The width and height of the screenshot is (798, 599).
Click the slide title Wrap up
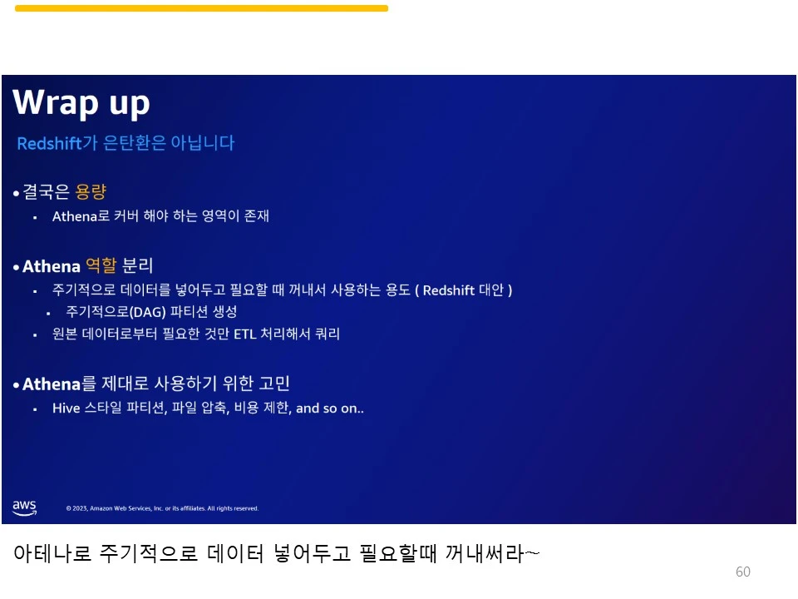pyautogui.click(x=81, y=103)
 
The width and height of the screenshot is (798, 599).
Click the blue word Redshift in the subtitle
pyautogui.click(x=49, y=143)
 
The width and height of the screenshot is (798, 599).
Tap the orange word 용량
pyautogui.click(x=91, y=192)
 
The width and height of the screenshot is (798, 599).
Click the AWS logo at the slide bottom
pyautogui.click(x=24, y=507)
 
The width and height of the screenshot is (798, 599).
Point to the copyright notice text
pyautogui.click(x=162, y=508)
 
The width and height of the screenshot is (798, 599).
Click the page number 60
pyautogui.click(x=743, y=572)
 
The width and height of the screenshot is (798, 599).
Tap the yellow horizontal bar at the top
pyautogui.click(x=201, y=8)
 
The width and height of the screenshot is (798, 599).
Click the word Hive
pyautogui.click(x=66, y=408)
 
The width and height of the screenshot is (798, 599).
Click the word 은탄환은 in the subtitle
pyautogui.click(x=133, y=143)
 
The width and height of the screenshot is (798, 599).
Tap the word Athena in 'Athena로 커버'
pyautogui.click(x=75, y=216)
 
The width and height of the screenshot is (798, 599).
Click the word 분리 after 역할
pyautogui.click(x=138, y=266)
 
